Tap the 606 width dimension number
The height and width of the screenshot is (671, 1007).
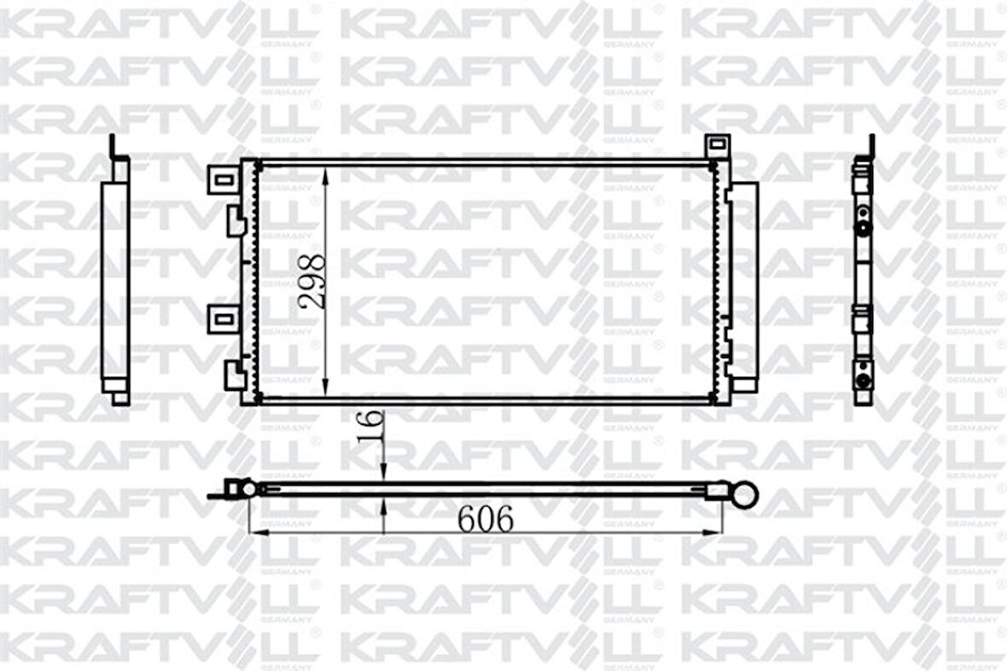[486, 518]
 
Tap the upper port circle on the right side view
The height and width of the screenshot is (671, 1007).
[863, 228]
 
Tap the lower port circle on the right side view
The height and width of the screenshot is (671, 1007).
[863, 370]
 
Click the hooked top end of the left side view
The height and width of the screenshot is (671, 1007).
[114, 149]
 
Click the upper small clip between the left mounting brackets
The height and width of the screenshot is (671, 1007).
[235, 222]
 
